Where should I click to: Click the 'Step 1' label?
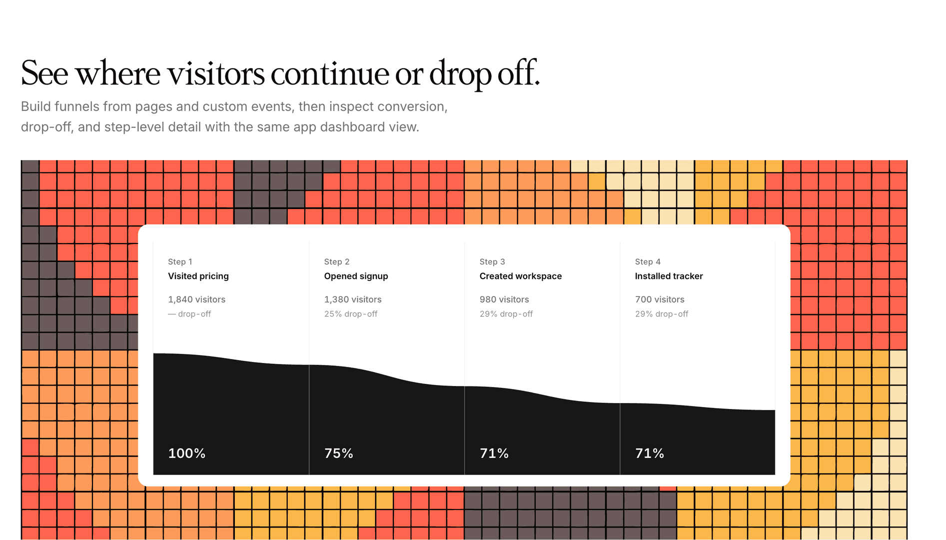coord(180,261)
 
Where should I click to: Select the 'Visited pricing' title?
coord(198,276)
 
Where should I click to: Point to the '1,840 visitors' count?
coord(196,299)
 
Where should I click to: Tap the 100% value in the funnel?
coord(187,453)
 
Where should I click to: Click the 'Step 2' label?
coord(337,261)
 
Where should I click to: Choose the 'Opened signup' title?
coord(356,276)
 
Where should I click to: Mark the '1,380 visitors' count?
coord(353,299)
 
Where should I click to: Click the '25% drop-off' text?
coord(351,314)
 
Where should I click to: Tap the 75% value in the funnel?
coord(339,453)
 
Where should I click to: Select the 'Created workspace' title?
coord(521,276)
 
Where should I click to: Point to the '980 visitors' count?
coord(504,299)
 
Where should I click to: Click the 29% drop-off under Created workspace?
coord(506,314)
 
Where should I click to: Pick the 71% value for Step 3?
coord(494,453)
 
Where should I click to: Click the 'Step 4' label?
coord(648,261)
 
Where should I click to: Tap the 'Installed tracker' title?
coord(669,276)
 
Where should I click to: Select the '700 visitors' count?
coord(660,299)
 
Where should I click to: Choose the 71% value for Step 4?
coord(650,453)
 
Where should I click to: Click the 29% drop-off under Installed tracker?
coord(662,314)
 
